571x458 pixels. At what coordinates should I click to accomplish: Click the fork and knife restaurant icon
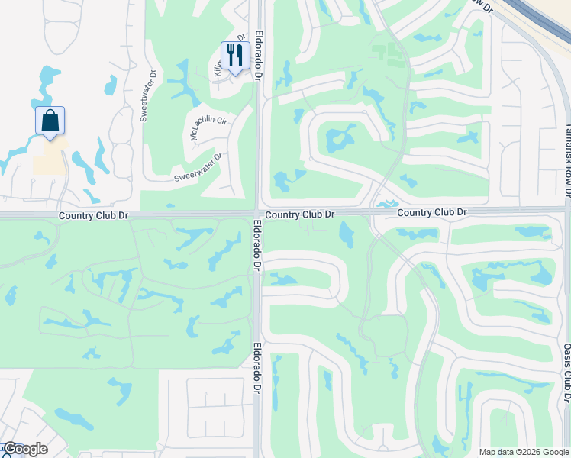click(x=235, y=55)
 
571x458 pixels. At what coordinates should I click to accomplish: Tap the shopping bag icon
click(x=50, y=121)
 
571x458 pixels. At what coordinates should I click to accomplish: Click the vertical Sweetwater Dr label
click(x=147, y=96)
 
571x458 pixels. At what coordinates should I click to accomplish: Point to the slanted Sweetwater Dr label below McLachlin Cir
click(x=197, y=167)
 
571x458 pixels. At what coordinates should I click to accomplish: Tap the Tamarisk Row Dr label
click(x=567, y=160)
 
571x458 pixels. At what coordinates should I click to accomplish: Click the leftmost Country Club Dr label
click(x=94, y=217)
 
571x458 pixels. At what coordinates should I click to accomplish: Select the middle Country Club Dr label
click(x=298, y=215)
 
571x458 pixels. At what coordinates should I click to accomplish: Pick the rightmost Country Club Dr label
click(x=431, y=212)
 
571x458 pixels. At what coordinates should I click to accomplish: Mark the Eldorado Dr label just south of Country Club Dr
click(x=256, y=246)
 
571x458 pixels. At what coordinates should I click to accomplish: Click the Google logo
click(x=25, y=449)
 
